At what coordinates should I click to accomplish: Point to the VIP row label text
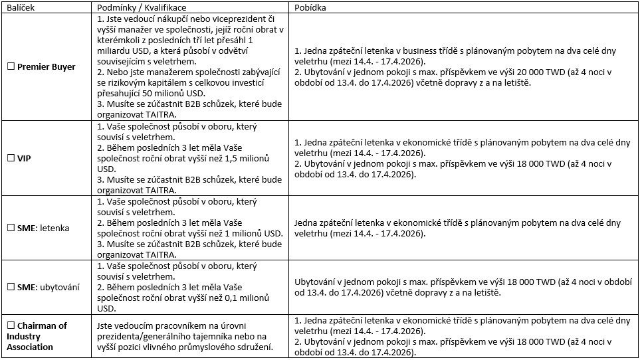(25, 159)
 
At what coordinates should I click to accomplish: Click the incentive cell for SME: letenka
(461, 228)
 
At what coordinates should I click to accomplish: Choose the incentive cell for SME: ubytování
(461, 287)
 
